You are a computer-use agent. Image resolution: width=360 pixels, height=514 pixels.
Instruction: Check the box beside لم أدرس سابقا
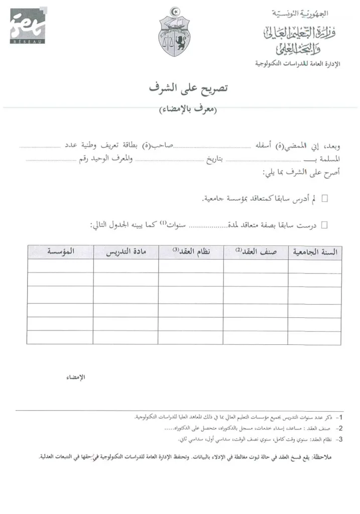click(324, 199)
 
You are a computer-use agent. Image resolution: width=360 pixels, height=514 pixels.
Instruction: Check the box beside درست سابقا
click(324, 225)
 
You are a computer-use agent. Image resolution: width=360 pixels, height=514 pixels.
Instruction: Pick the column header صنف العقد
click(255, 252)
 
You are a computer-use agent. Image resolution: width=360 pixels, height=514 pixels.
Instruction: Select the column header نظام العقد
click(191, 252)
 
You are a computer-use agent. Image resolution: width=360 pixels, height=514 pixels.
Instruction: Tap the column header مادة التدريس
click(126, 252)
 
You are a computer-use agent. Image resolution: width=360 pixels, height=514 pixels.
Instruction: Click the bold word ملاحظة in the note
click(325, 458)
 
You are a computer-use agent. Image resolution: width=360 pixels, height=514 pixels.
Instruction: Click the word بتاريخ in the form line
click(215, 160)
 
